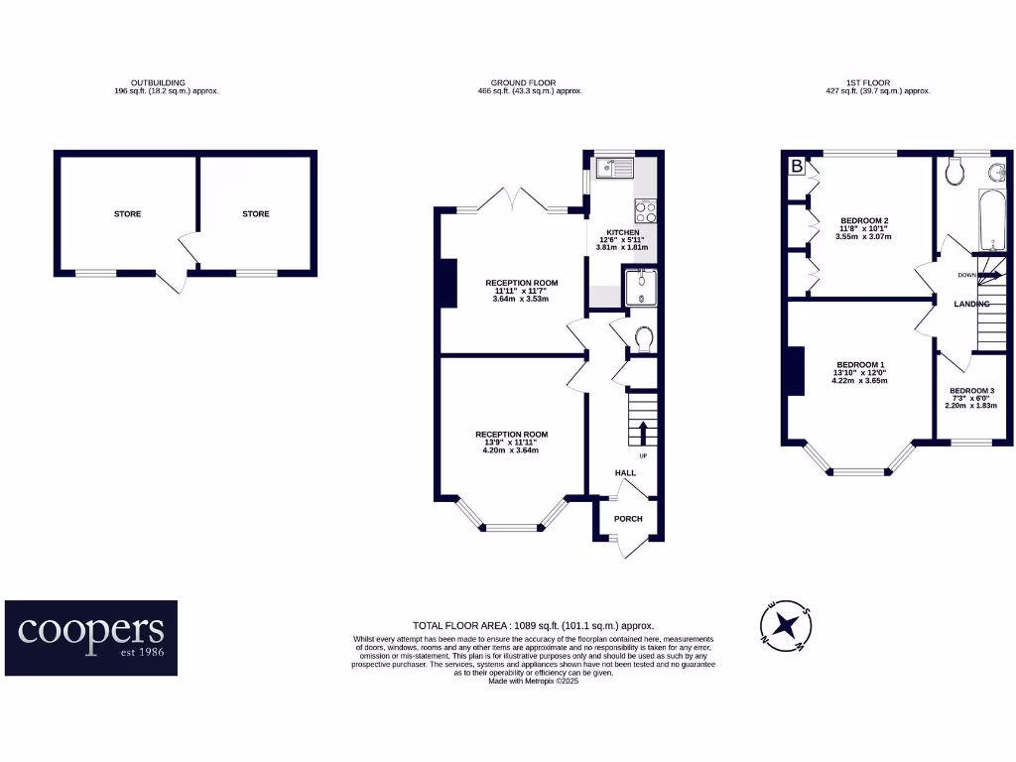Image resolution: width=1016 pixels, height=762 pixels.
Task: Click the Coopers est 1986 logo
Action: point(91,637)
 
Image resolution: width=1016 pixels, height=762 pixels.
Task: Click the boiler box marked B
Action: point(797,167)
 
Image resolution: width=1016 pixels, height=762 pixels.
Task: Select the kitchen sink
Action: point(612,170)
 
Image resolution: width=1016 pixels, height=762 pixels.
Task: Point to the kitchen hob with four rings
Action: point(646,210)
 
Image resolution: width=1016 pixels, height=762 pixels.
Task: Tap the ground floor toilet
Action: point(642,339)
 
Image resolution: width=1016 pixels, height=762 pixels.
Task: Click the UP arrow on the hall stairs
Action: point(642,433)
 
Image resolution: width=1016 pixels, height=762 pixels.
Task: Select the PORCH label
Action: point(628,519)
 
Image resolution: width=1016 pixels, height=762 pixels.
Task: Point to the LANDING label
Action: point(971,304)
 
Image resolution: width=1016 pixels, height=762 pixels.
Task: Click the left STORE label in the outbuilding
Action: point(127,214)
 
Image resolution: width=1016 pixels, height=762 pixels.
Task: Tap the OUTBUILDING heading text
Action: point(158,82)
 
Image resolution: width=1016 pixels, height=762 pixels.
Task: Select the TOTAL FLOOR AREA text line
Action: point(534,626)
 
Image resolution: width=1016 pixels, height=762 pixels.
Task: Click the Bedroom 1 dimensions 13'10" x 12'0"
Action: point(860,373)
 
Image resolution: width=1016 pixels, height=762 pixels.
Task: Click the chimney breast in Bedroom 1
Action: point(796,371)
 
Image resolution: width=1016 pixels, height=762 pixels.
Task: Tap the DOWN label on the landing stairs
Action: point(966,274)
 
